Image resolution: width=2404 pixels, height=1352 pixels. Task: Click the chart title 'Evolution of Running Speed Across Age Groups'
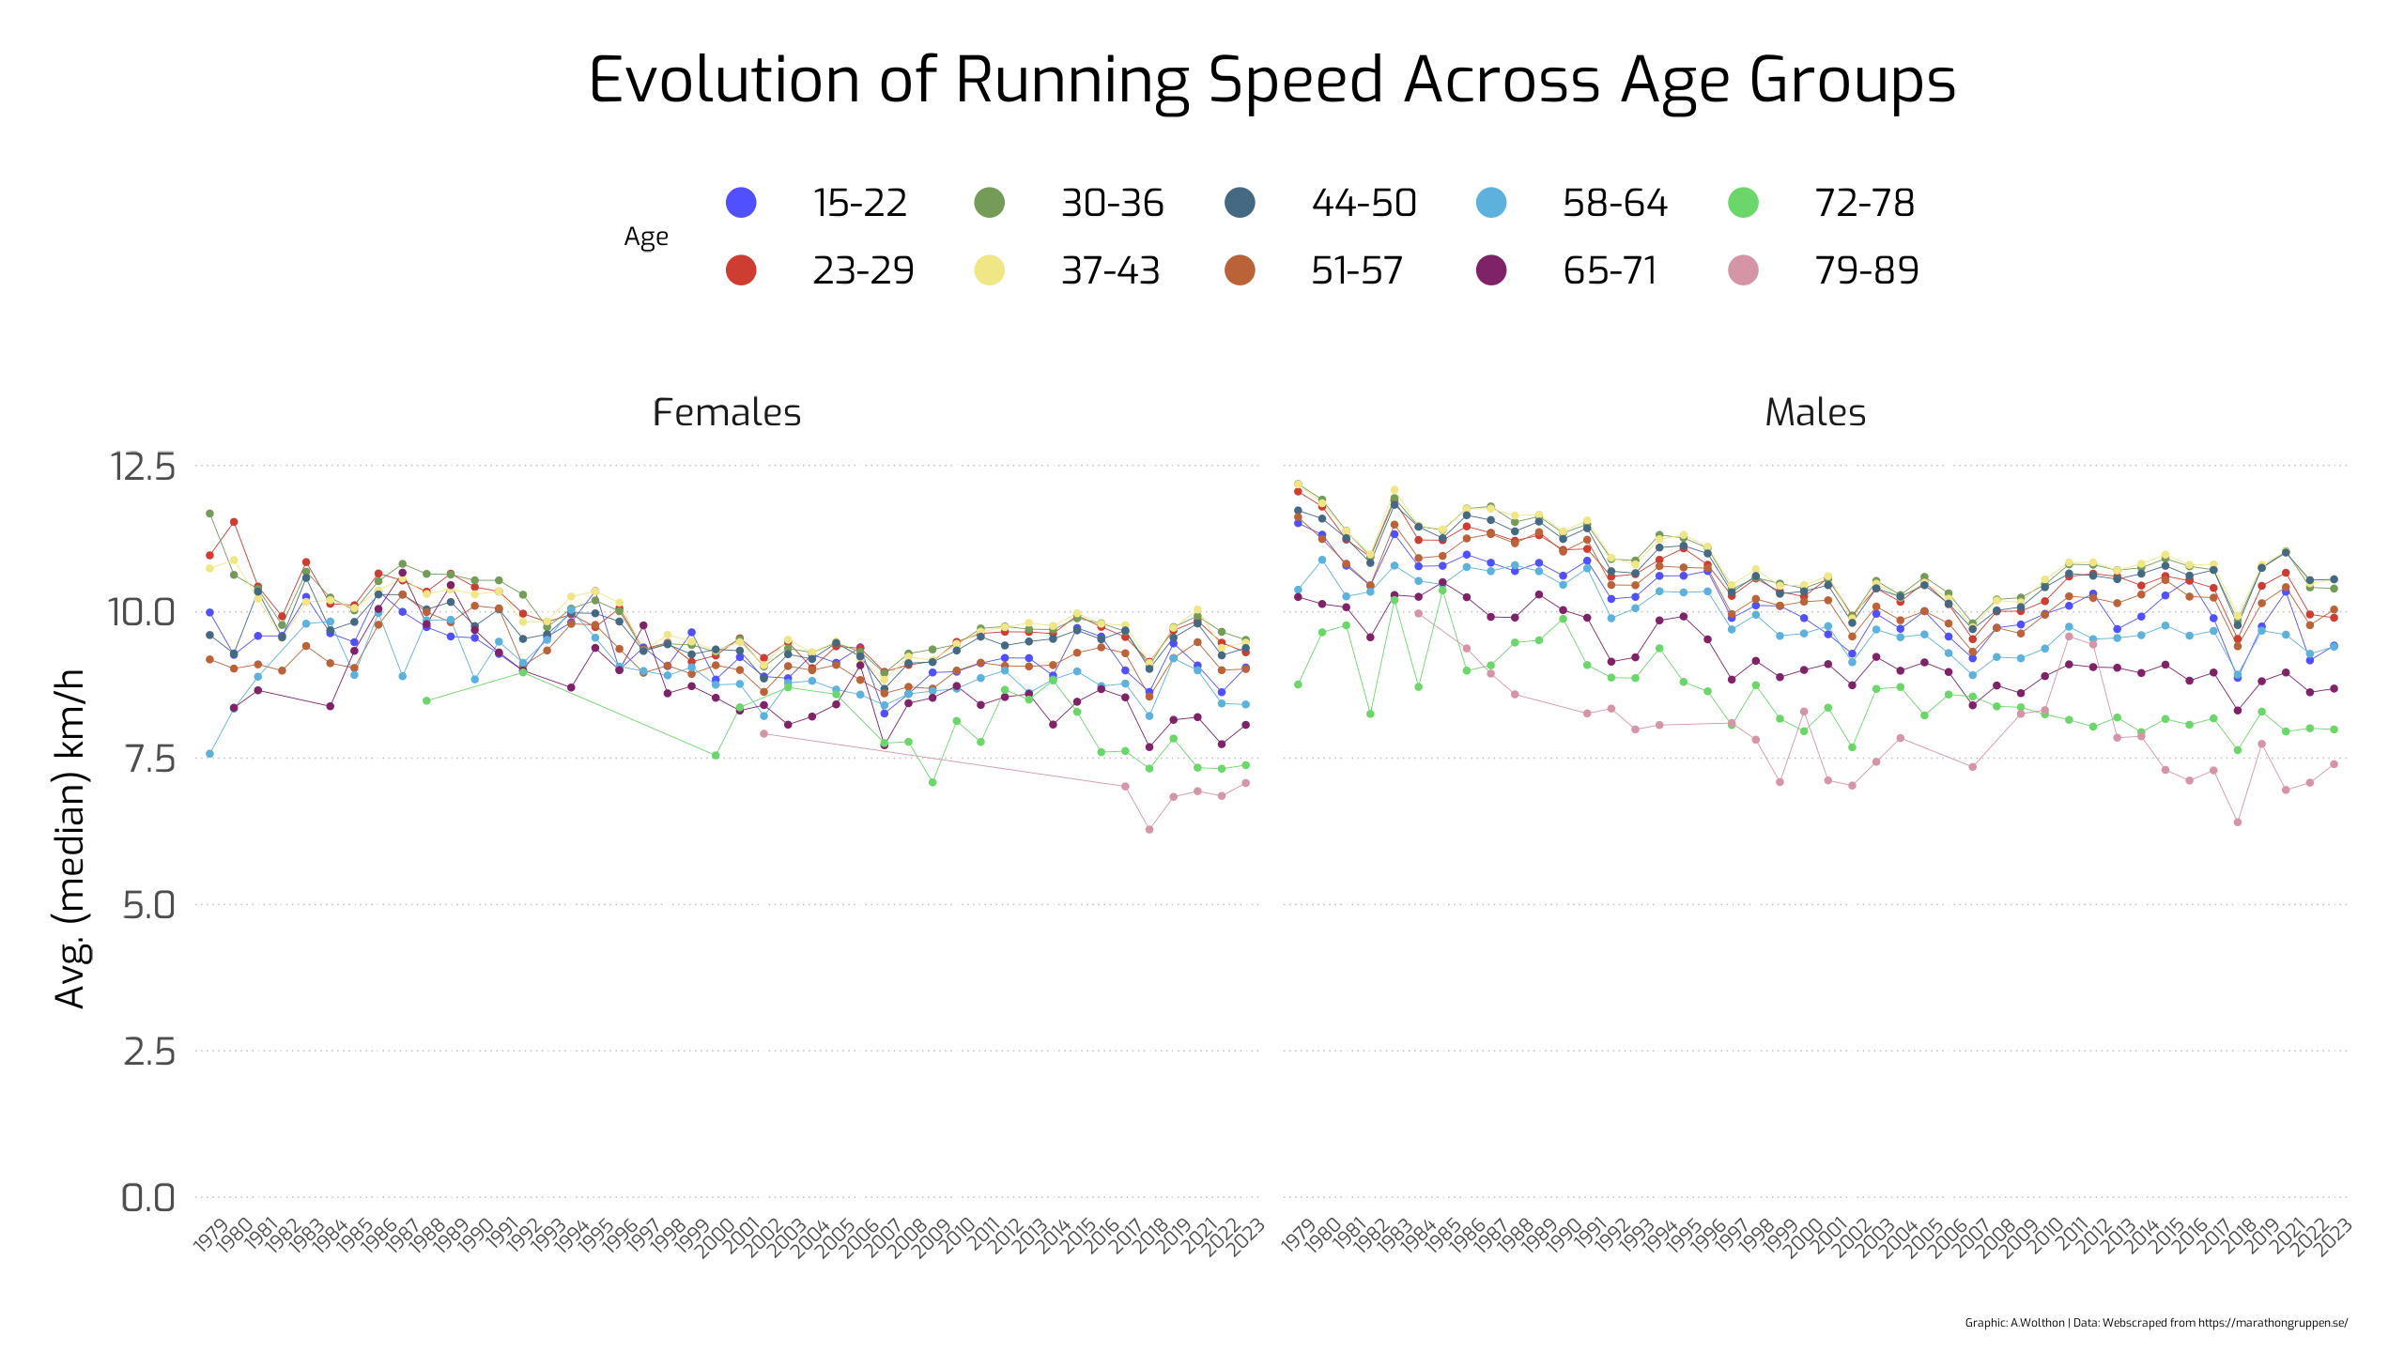click(1271, 81)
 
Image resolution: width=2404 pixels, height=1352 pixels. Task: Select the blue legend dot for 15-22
click(741, 203)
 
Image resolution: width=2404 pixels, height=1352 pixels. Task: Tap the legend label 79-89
click(1866, 270)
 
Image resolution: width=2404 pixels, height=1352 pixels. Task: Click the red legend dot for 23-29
click(741, 270)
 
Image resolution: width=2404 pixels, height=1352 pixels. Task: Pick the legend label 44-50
click(1364, 203)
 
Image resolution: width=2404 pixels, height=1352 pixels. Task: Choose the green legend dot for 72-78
click(1743, 203)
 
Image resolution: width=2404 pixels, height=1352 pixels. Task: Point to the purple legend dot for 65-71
click(1491, 270)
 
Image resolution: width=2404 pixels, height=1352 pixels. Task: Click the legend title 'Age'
click(646, 237)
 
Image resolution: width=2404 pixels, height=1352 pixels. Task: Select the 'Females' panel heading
click(726, 413)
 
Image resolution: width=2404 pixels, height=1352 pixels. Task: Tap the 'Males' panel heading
click(1814, 413)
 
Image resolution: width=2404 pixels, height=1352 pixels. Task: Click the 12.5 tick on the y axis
click(143, 467)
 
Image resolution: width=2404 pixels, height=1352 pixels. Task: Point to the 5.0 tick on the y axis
click(148, 906)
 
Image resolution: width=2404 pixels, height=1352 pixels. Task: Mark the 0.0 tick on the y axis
click(148, 1198)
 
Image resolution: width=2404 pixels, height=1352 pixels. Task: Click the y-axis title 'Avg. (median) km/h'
click(71, 837)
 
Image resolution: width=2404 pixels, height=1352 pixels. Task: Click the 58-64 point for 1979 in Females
click(209, 754)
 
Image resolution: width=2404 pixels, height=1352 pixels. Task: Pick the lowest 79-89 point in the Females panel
click(1149, 829)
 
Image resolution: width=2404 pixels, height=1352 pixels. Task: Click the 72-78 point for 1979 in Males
click(1298, 684)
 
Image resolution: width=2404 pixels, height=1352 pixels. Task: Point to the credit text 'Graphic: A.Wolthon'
click(2015, 1323)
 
